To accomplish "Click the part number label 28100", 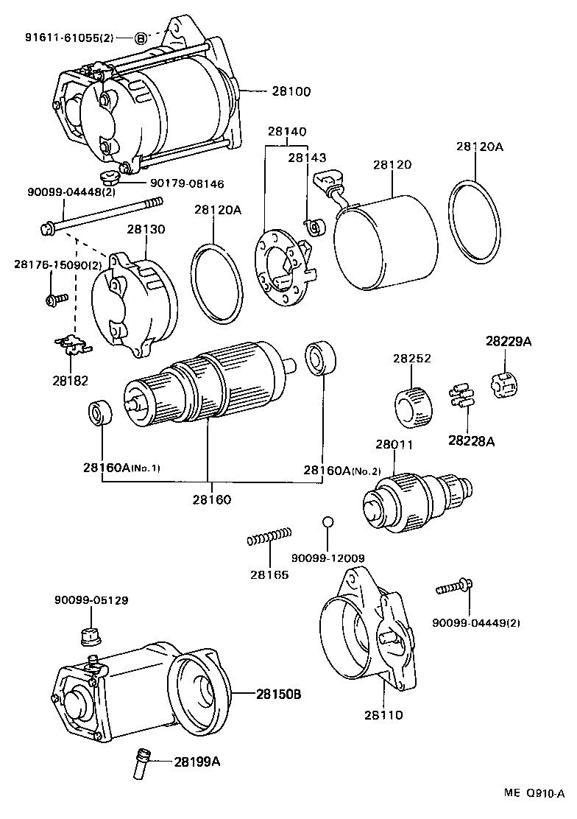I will click(291, 92).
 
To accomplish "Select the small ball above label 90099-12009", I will click(329, 522).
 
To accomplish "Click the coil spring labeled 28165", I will click(269, 536).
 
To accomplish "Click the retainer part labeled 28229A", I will click(505, 384).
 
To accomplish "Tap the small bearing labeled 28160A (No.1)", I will click(101, 413).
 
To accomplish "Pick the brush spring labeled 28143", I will click(315, 227).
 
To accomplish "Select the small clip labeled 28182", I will click(72, 342).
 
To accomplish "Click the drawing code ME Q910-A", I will click(534, 794).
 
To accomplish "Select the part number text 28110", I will click(383, 714).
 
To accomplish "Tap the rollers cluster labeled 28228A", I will click(459, 396).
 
